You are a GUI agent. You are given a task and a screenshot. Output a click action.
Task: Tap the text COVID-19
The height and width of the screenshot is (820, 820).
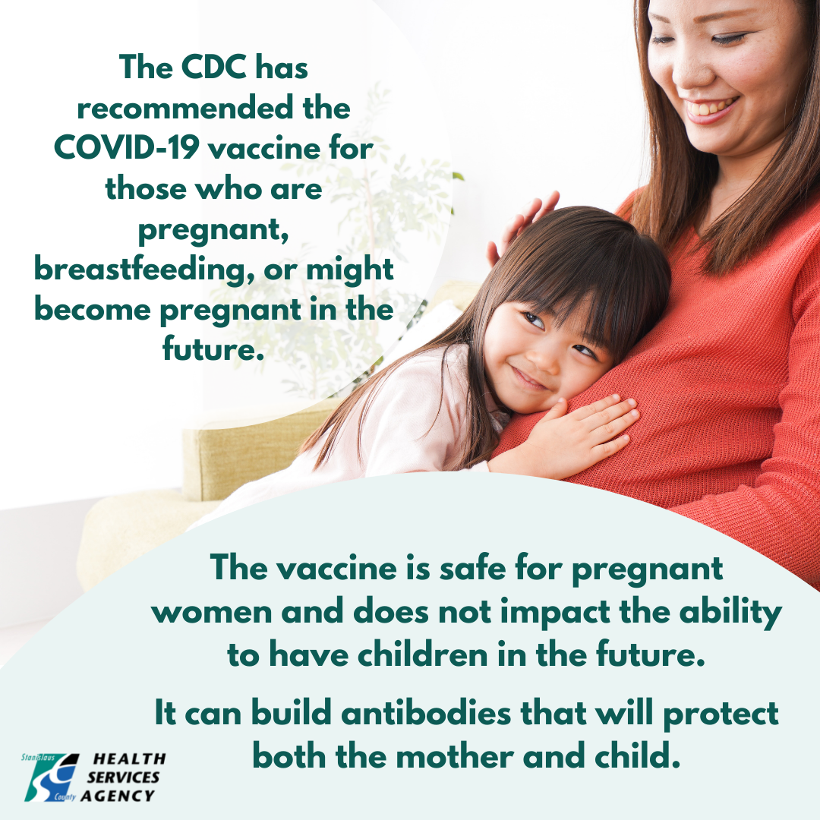(x=126, y=147)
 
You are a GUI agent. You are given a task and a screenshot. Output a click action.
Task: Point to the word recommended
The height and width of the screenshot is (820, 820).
(x=184, y=108)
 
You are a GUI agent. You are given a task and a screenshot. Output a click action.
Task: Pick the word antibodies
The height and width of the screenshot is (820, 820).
(x=426, y=713)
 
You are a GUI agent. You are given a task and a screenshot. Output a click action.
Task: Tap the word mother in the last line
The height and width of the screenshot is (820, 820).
(x=455, y=756)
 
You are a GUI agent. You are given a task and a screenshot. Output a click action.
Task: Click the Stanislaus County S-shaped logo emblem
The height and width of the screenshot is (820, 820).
(x=52, y=777)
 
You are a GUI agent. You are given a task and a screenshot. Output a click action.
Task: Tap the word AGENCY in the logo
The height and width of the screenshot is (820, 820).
(x=118, y=796)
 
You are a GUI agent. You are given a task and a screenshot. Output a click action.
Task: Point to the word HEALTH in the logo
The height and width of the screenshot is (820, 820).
(x=129, y=758)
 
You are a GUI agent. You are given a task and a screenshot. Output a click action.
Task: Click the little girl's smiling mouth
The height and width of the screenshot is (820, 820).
(x=528, y=379)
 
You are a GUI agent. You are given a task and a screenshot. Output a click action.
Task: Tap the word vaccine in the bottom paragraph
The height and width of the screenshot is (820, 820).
(x=336, y=568)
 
